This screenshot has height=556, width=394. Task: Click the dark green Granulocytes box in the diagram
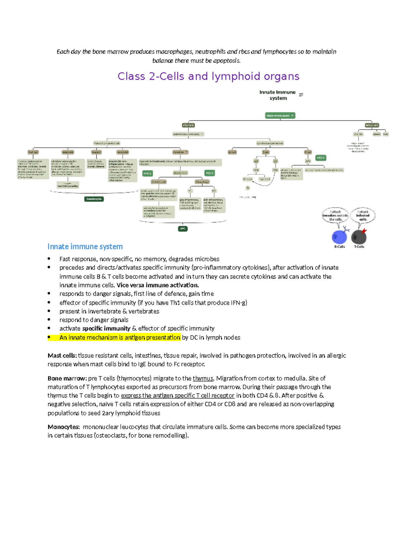pos(94,199)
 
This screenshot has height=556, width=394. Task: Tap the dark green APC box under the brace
pos(183,228)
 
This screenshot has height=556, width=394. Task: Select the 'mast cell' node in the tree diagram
pos(33,152)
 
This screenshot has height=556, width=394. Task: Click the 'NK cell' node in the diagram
pos(232,152)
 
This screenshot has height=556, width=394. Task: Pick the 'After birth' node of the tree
pos(188,125)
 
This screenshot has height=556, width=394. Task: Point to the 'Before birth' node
pos(372,125)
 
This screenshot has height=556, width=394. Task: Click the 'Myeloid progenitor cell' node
pos(107,143)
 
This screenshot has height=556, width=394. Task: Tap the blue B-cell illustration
pos(339,236)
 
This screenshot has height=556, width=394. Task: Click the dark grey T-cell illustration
pos(359,236)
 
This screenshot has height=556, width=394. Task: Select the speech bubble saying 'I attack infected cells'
pos(363,215)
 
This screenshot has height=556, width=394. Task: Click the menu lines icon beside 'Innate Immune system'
pos(301,95)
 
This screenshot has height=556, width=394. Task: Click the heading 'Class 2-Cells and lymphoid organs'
pos(208,76)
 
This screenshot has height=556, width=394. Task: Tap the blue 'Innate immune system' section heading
pos(85,247)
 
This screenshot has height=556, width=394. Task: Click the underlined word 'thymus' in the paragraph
pos(203,378)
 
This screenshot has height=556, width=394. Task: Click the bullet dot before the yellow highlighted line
pos(49,337)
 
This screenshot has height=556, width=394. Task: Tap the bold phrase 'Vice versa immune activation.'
pos(158,285)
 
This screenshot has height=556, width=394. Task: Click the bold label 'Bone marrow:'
pos(67,378)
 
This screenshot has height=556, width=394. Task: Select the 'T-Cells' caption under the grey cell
pos(359,247)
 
